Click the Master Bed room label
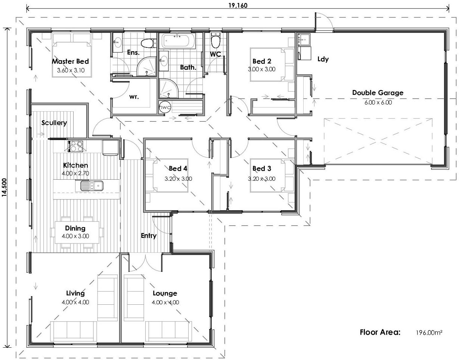click(70, 61)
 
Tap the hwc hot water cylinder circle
click(165, 107)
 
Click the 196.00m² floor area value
click(429, 332)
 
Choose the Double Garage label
click(378, 93)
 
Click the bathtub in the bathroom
click(178, 41)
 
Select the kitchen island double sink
click(92, 185)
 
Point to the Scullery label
click(54, 122)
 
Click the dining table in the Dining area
click(77, 232)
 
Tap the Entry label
click(149, 236)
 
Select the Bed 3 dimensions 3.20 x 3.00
click(261, 179)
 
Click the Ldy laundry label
click(323, 59)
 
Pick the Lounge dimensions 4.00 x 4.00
click(165, 302)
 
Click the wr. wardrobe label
click(134, 97)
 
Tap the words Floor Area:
click(380, 332)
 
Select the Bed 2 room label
click(261, 61)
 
